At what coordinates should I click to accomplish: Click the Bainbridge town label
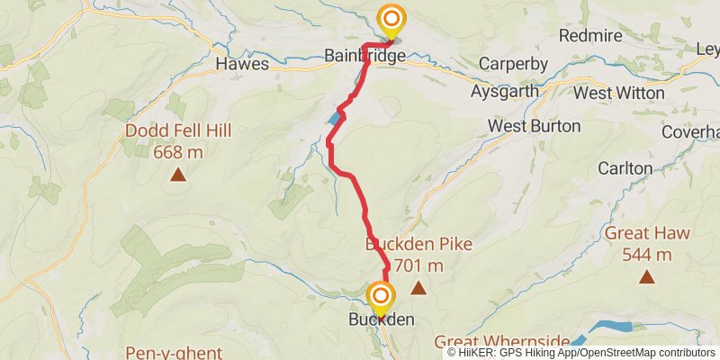click(x=365, y=57)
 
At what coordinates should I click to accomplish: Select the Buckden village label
click(x=381, y=319)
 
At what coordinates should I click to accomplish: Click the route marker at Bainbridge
click(x=391, y=20)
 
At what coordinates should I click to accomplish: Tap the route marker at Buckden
click(x=381, y=297)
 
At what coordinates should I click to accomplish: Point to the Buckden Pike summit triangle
click(x=418, y=288)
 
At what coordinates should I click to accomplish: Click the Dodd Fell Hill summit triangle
click(x=178, y=175)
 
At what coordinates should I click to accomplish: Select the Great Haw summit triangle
click(x=646, y=277)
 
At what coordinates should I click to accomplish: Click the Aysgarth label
click(x=505, y=91)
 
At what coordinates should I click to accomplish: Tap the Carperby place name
click(x=514, y=65)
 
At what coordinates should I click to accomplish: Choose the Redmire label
click(x=590, y=36)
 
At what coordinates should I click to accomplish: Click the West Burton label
click(x=535, y=126)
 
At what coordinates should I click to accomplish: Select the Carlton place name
click(x=625, y=168)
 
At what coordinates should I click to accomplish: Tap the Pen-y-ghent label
click(x=174, y=352)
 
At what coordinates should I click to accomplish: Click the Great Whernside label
click(x=501, y=341)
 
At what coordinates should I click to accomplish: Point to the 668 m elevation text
click(x=178, y=152)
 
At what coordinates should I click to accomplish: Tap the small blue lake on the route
click(x=336, y=118)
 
